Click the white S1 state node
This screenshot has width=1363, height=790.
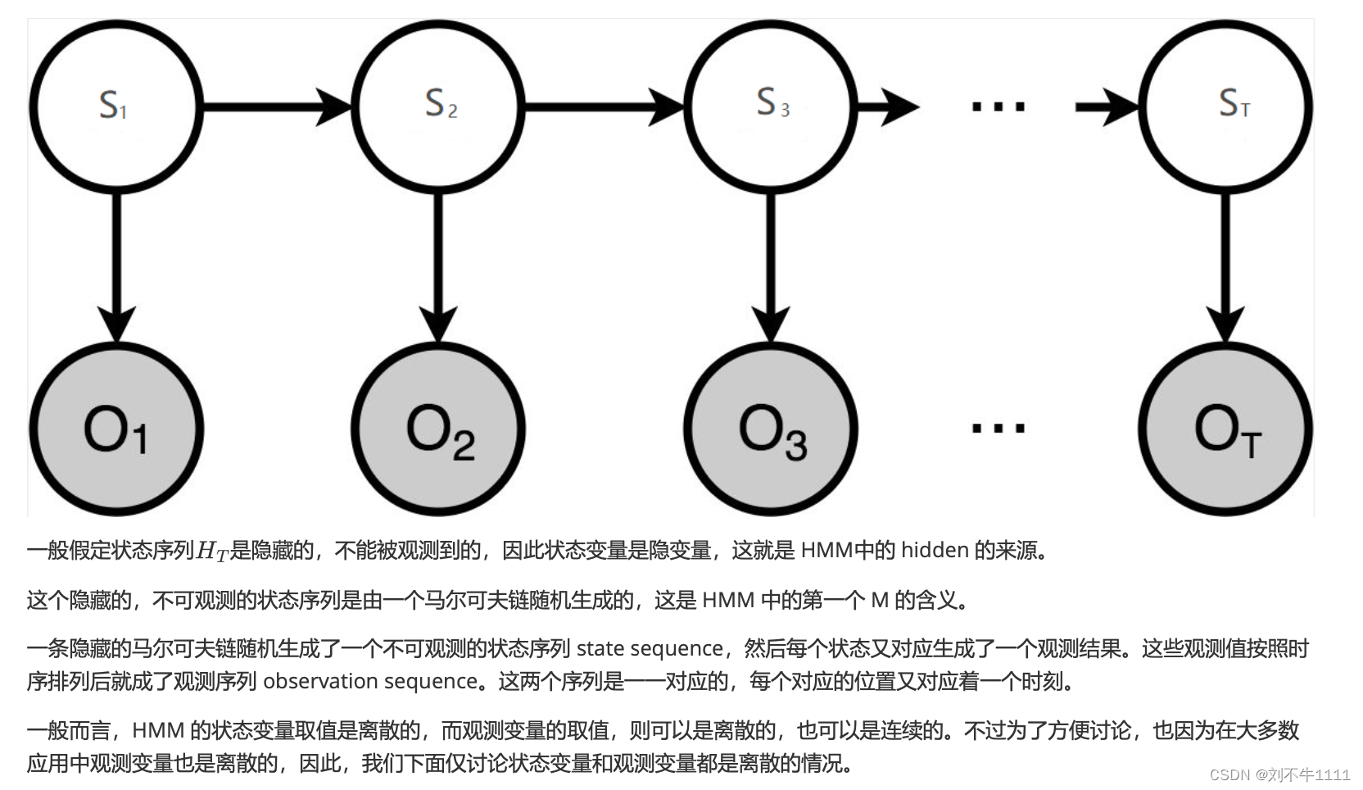(x=115, y=107)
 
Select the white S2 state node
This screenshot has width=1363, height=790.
(x=438, y=107)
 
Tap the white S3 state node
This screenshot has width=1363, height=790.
(x=770, y=107)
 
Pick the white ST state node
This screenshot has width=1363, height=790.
(x=1225, y=107)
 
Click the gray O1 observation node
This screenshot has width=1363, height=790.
(x=115, y=429)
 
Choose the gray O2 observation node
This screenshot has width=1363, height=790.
(x=438, y=429)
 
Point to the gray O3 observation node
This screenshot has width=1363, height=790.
(x=770, y=429)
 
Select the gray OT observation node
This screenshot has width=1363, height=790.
(x=1225, y=429)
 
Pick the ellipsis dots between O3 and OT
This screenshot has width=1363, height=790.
(x=998, y=428)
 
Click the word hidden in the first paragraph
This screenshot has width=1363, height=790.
(x=935, y=550)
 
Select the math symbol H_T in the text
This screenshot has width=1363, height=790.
(x=212, y=551)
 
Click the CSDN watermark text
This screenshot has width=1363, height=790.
(x=1279, y=774)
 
